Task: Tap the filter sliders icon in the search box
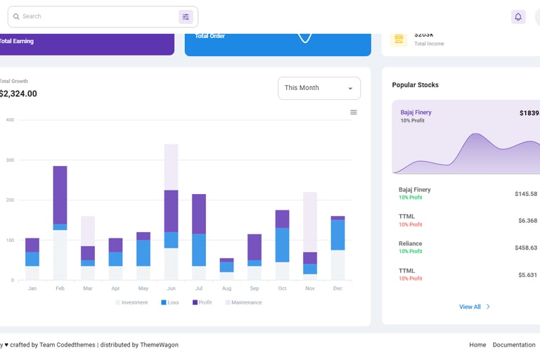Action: pos(186,17)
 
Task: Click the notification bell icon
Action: pos(518,17)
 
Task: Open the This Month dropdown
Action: pos(319,89)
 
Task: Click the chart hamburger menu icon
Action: pos(354,112)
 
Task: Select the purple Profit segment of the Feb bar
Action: pos(60,195)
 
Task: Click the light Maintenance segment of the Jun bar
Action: pos(171,167)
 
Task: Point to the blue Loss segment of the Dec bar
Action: pos(337,235)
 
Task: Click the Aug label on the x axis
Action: pos(226,288)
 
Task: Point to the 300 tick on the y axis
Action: pos(10,160)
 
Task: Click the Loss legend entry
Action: pos(169,302)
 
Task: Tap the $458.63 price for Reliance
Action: pos(525,247)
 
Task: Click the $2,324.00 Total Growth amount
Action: pos(18,94)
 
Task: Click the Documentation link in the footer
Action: pos(514,345)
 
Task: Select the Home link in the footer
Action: pos(477,345)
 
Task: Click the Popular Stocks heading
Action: pos(415,85)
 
